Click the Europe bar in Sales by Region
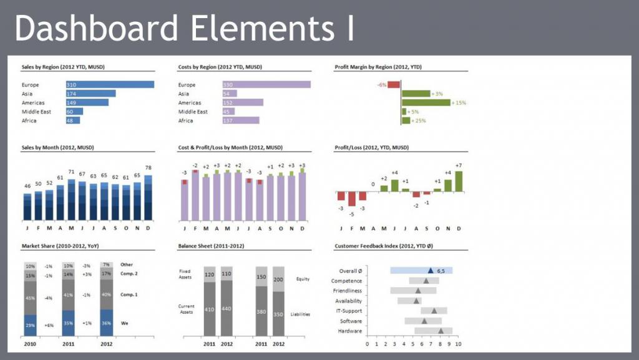[110, 85]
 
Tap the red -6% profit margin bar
[394, 85]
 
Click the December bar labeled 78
[148, 197]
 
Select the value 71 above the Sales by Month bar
[72, 172]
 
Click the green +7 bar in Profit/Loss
[459, 181]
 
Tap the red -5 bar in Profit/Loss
[352, 199]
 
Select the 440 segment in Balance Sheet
[226, 309]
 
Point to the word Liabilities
[300, 314]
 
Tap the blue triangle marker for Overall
[431, 271]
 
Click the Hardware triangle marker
[441, 331]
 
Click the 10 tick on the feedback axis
[458, 344]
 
